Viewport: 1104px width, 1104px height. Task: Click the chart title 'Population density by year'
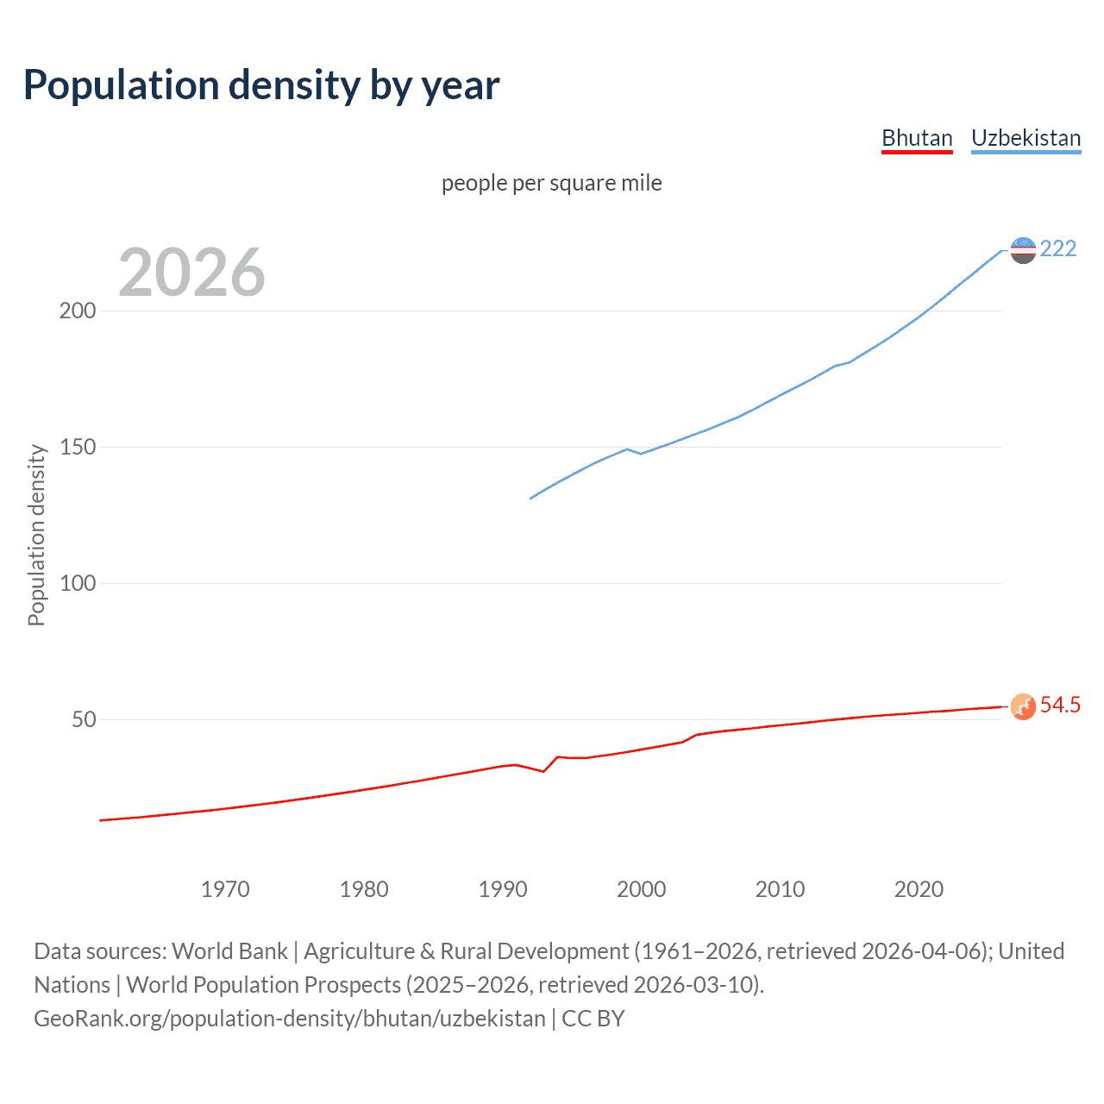pos(261,85)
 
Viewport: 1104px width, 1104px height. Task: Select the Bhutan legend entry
pos(917,138)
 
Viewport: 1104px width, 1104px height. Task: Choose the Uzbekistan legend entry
pos(1026,138)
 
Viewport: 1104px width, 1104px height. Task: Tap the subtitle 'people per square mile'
pos(551,183)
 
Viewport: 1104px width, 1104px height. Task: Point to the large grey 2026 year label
pos(191,273)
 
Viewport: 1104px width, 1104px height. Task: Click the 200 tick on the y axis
pos(78,311)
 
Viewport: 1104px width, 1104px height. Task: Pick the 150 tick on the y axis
pos(78,448)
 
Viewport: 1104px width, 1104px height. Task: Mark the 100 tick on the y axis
pos(78,584)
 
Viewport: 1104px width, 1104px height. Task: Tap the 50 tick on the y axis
pos(84,720)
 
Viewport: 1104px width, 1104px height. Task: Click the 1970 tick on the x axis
pos(225,889)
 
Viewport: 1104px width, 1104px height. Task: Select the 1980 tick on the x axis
pos(364,889)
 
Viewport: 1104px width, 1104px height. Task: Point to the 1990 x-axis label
pos(503,889)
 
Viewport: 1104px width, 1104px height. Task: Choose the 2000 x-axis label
pos(642,889)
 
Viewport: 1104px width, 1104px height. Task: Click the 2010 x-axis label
pos(780,889)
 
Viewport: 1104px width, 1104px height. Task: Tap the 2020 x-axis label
pos(919,889)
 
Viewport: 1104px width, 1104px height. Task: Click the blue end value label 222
pos(1058,249)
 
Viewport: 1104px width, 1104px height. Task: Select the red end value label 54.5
pos(1060,706)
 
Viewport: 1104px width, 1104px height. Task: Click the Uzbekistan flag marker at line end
pos(1023,250)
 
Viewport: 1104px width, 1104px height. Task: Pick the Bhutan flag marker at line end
pos(1023,706)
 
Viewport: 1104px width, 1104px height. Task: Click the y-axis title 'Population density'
pos(36,535)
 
